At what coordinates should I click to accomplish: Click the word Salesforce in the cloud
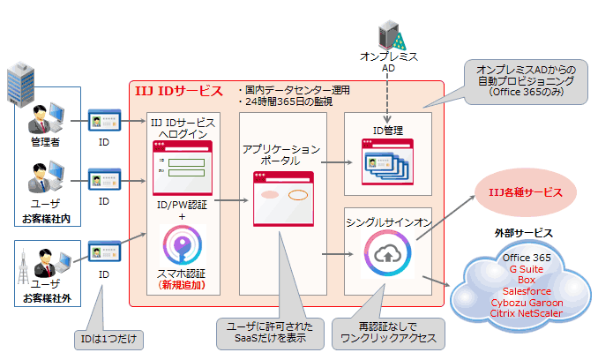coord(527,289)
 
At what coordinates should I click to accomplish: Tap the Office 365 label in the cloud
coord(527,257)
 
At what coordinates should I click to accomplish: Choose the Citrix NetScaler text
coord(527,311)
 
